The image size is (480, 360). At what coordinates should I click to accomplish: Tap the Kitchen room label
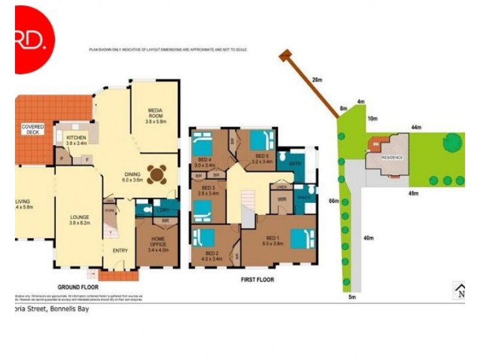click(x=76, y=140)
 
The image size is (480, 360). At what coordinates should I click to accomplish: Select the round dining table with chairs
click(x=158, y=175)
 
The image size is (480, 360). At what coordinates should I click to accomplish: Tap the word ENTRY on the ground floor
click(x=120, y=250)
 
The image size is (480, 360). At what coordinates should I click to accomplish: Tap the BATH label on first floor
click(x=295, y=163)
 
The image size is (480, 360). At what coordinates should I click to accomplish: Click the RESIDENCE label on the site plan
click(x=392, y=157)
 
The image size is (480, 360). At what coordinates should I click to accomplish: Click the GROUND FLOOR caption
click(x=77, y=287)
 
